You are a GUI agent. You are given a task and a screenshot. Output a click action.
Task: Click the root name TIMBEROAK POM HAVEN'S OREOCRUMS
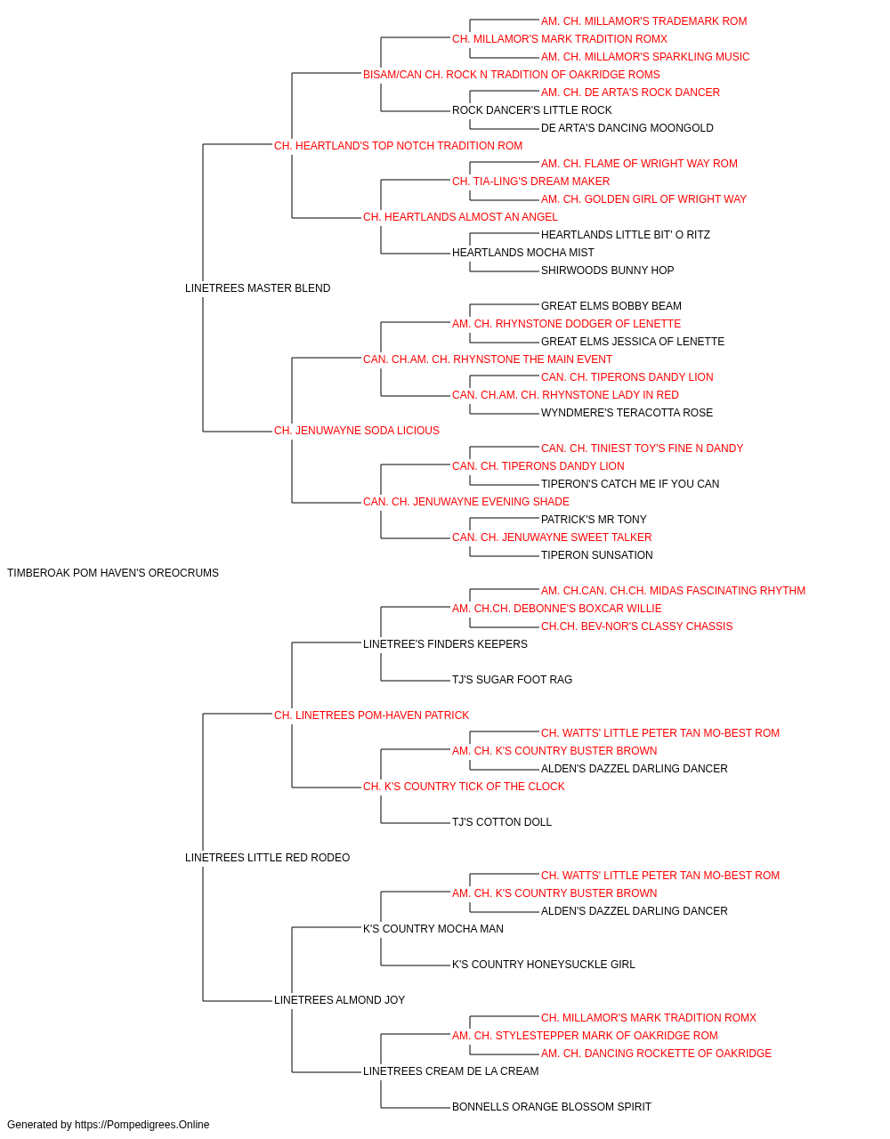[113, 573]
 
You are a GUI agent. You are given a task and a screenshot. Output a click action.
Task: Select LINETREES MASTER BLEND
[257, 288]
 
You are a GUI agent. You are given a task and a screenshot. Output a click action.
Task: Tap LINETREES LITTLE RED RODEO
[267, 858]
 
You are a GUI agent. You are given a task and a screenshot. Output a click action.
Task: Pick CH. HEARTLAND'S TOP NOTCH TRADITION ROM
[398, 146]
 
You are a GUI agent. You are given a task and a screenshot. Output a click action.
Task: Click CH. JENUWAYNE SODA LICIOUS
[356, 431]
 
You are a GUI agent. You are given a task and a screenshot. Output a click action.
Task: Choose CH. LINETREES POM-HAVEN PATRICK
[371, 715]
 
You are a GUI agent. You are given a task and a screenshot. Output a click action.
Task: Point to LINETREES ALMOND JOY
[339, 999]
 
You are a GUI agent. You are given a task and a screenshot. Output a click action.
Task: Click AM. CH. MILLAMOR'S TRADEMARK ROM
[643, 21]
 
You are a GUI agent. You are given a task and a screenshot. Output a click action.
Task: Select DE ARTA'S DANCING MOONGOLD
[627, 128]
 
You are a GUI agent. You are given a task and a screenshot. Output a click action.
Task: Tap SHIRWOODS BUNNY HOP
[607, 270]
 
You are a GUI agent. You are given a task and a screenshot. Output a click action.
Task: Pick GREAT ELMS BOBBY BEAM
[611, 305]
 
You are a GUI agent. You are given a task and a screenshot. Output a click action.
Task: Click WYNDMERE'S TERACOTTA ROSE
[627, 413]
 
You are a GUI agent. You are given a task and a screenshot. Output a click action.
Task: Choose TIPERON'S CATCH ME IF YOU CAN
[630, 484]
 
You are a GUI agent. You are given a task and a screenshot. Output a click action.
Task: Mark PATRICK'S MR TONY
[594, 520]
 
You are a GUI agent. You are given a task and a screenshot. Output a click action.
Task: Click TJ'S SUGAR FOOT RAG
[512, 679]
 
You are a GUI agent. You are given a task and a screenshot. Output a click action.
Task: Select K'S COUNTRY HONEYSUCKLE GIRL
[544, 964]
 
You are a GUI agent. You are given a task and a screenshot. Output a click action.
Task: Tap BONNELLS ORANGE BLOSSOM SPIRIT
[552, 1106]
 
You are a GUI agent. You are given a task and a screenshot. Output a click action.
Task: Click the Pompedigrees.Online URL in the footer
[142, 1125]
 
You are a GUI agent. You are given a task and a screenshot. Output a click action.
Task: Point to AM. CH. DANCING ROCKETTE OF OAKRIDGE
[656, 1053]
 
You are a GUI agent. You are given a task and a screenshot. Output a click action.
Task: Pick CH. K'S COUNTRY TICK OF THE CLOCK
[464, 787]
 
